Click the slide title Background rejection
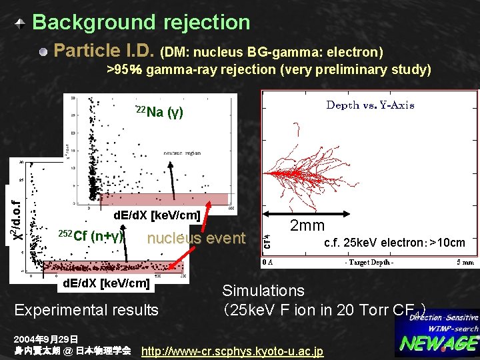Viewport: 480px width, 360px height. pos(141,22)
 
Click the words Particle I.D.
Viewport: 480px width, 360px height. pos(104,51)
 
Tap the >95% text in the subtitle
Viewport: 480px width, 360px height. pos(125,69)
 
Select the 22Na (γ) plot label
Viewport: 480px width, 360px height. pos(159,111)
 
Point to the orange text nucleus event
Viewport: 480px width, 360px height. pos(196,239)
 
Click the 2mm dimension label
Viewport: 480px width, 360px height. pos(307,225)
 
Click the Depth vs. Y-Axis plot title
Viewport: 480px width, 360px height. pos(369,105)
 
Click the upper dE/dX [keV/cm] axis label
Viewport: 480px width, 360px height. pos(157,215)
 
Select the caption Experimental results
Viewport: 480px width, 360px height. pos(87,309)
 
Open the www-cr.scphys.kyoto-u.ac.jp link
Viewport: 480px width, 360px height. pos(233,351)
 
